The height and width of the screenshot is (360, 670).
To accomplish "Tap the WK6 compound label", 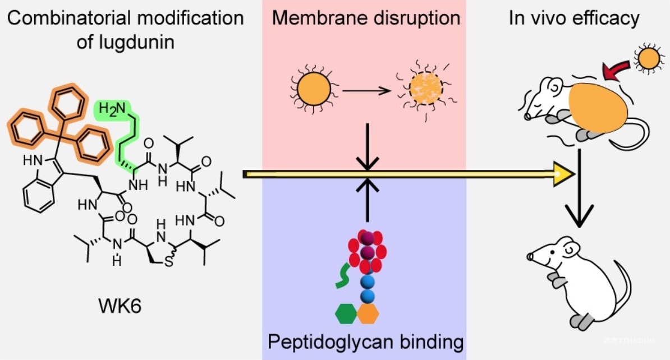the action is [120, 306].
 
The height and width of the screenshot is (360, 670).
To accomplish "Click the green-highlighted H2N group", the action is [112, 109].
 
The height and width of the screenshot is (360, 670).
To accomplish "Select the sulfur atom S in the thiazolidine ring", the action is [169, 261].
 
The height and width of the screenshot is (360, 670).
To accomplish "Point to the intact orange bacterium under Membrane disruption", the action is [314, 90].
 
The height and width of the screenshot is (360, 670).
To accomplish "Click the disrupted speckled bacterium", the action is [425, 89].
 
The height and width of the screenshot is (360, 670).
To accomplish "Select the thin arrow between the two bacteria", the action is [366, 90].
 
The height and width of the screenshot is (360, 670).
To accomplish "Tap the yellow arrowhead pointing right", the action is [563, 174].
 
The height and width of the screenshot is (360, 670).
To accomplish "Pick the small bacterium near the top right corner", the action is [649, 58].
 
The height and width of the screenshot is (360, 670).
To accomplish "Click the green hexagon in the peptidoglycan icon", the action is [346, 314].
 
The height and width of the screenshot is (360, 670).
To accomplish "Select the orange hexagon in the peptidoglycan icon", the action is [368, 314].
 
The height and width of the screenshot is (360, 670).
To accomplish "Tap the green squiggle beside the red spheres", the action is [343, 275].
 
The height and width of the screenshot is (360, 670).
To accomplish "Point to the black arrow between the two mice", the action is [579, 188].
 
